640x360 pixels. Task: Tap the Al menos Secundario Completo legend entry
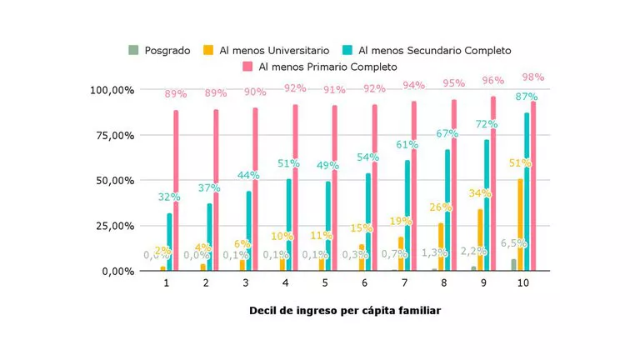tap(433, 50)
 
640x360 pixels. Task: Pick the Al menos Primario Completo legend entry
tap(319, 66)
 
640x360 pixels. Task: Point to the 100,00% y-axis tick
tap(112, 90)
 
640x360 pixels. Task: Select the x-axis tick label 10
tap(522, 284)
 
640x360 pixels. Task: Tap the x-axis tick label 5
tap(325, 284)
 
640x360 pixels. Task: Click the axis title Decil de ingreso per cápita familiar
tap(345, 311)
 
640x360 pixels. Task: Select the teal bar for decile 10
tap(527, 192)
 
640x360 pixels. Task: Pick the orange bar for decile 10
tap(520, 225)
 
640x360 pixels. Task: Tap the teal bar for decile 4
tap(289, 225)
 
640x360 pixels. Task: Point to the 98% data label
tap(533, 77)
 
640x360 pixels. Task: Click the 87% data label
tap(527, 97)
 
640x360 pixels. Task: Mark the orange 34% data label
tap(480, 193)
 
